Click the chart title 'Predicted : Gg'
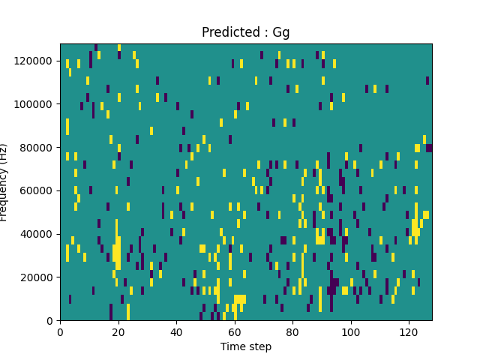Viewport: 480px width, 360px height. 245,32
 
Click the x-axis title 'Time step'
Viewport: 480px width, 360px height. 246,346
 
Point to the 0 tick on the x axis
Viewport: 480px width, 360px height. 60,331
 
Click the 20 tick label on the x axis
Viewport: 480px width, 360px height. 118,331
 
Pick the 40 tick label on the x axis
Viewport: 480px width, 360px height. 176,331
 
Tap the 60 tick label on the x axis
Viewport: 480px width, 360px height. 234,331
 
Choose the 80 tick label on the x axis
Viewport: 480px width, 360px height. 292,331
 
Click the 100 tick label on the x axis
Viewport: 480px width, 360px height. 350,331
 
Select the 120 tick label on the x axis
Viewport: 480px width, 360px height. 409,331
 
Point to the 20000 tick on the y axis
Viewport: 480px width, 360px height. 40,277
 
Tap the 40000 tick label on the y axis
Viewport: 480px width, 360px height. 40,234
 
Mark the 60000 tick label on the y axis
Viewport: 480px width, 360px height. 40,190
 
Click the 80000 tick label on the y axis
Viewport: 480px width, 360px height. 40,147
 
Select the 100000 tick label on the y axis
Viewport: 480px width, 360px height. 37,103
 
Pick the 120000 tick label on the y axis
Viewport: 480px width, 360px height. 37,60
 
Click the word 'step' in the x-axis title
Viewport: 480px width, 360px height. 259,347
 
